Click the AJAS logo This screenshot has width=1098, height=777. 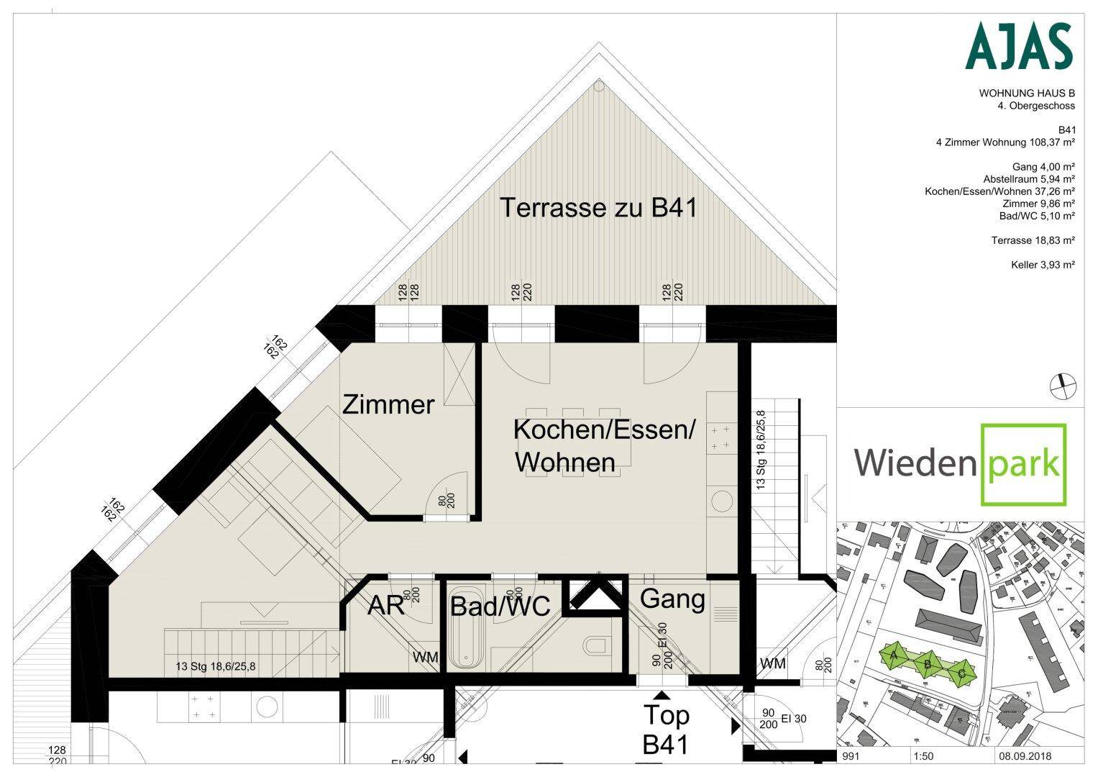1018,46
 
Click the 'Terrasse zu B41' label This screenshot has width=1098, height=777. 598,208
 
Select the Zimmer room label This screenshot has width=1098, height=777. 388,404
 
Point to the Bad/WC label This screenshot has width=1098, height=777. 500,606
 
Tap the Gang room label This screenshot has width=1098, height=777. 672,599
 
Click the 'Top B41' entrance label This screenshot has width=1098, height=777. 665,730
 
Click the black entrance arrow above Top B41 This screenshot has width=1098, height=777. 661,694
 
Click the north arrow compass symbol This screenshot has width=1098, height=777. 1063,386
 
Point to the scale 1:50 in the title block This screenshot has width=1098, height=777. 923,757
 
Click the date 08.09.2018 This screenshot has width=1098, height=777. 1024,757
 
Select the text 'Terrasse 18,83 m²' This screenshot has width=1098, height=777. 1033,240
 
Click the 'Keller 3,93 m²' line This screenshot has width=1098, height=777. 1042,265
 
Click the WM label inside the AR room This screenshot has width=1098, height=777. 424,657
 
